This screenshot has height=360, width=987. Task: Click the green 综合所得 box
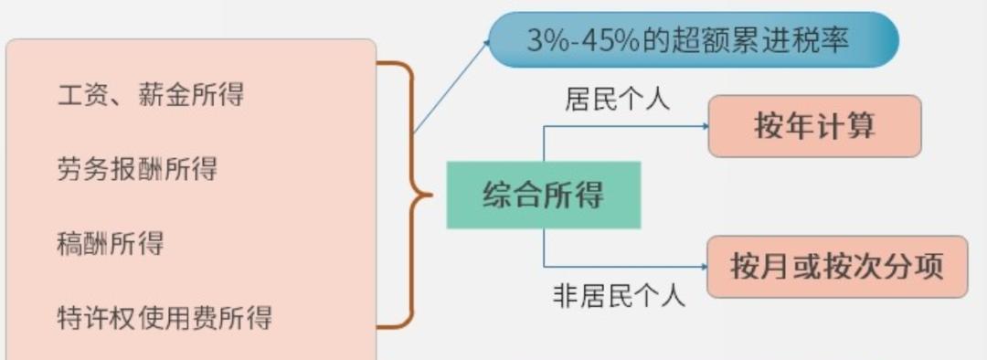coord(543,195)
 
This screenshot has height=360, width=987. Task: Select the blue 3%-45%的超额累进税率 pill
coord(693,39)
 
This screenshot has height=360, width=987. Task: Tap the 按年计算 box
coord(814,126)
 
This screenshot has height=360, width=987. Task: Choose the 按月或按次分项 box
coord(836,267)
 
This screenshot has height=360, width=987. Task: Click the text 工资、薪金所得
coord(151,94)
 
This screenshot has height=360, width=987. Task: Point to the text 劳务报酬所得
coord(137,169)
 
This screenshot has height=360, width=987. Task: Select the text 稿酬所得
coord(111,243)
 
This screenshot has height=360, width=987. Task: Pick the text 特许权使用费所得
coord(164,317)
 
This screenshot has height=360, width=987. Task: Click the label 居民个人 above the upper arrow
coord(617,100)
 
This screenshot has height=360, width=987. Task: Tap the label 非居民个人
coord(619,296)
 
